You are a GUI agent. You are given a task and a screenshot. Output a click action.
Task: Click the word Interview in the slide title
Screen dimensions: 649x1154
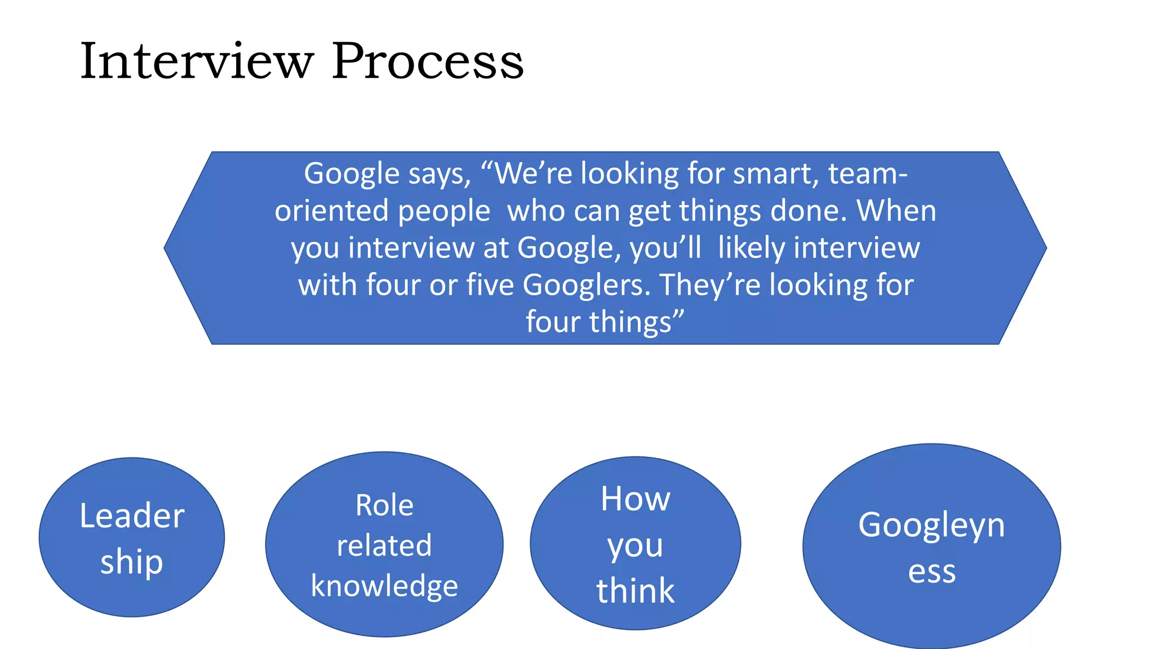(197, 61)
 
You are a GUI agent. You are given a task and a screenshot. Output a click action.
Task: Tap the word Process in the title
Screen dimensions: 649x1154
(428, 61)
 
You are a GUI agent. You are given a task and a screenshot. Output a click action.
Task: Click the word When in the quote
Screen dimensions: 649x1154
(896, 211)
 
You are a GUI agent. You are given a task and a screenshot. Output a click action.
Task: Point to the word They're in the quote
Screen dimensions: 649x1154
(711, 285)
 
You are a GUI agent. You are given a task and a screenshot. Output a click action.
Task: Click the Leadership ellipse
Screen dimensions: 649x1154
(132, 537)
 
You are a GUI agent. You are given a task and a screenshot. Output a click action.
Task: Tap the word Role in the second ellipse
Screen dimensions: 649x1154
(384, 505)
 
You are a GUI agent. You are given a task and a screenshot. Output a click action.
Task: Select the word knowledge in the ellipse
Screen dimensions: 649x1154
(384, 586)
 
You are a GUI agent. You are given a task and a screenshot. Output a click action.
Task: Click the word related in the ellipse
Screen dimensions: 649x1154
(384, 546)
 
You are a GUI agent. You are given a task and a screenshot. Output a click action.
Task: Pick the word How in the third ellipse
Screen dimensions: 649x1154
(635, 499)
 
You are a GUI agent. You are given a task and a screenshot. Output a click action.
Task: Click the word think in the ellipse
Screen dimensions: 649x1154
(635, 591)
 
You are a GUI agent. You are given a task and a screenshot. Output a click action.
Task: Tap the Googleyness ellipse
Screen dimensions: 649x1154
(931, 546)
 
